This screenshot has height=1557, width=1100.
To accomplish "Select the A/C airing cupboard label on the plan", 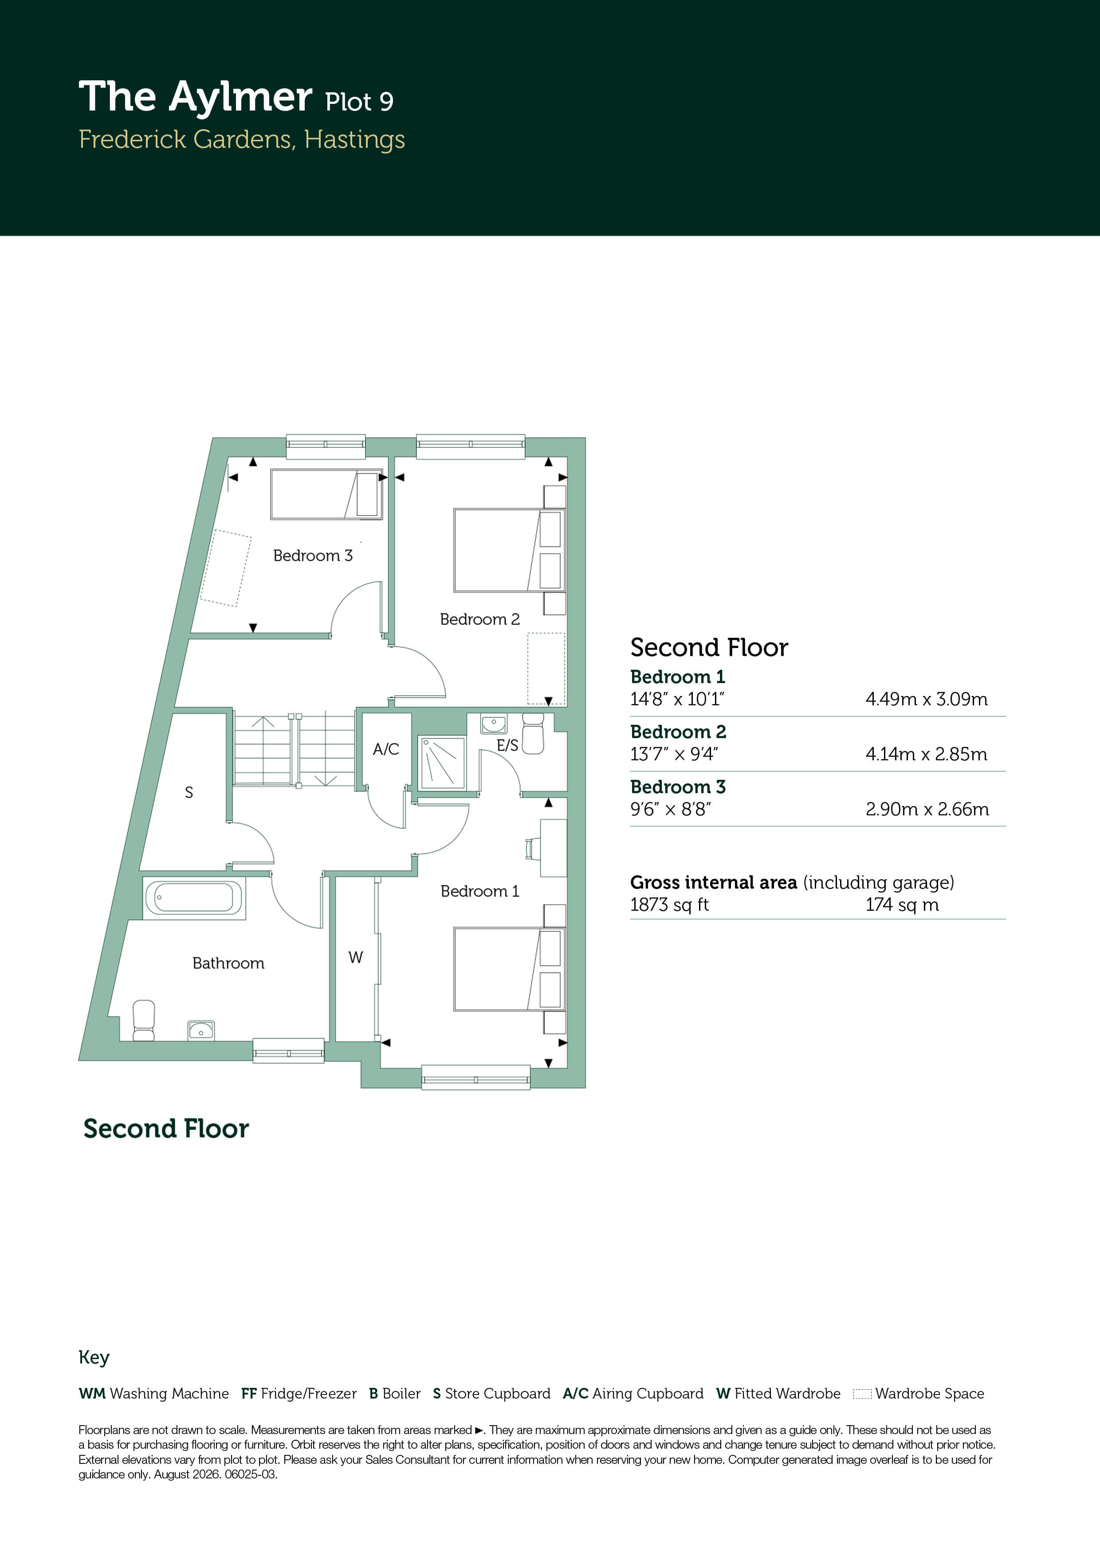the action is [x=385, y=749].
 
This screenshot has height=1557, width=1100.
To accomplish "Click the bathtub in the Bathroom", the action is [x=194, y=898].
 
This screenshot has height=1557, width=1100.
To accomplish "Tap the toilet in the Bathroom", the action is [x=144, y=1020].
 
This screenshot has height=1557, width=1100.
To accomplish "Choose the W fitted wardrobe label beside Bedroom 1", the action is [x=356, y=957].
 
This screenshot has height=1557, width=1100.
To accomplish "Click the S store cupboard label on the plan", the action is [x=189, y=792].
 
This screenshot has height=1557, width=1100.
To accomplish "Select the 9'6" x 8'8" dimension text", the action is [x=670, y=809].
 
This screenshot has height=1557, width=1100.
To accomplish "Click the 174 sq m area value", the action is [x=902, y=905].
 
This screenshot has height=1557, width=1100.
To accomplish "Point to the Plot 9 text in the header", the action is [x=359, y=102].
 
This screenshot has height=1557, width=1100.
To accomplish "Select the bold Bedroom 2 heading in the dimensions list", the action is [x=678, y=732].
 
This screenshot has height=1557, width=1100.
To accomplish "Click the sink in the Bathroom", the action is [x=200, y=1031].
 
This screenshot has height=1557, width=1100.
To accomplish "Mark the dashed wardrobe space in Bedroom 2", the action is [x=546, y=668].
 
